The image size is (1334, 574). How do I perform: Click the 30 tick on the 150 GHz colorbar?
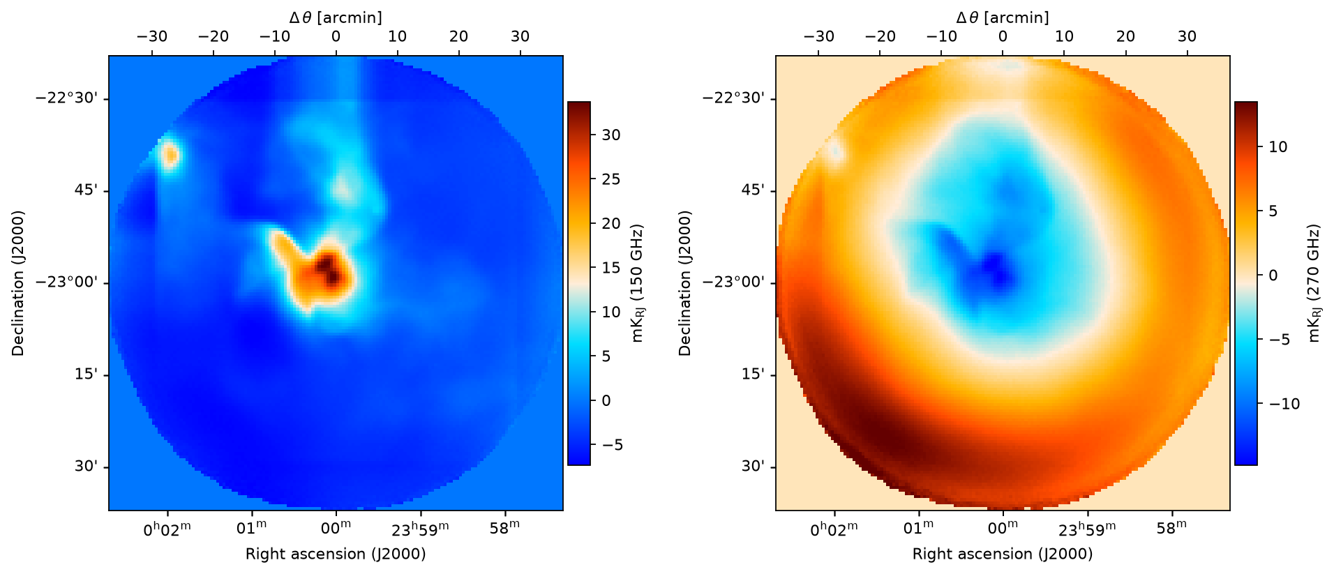click(610, 135)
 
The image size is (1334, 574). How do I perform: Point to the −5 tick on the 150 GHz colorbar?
click(610, 445)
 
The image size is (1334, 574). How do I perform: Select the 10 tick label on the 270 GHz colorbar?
click(1278, 147)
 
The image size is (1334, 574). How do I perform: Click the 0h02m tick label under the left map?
click(167, 530)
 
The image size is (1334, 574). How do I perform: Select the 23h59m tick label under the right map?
click(1087, 530)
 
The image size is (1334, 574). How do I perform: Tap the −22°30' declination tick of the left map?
click(72, 98)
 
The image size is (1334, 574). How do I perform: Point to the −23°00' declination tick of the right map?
click(739, 282)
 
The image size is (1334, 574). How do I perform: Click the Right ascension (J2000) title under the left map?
click(336, 554)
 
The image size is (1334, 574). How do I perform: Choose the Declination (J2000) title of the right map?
click(685, 283)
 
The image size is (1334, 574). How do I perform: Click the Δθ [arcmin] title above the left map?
click(336, 17)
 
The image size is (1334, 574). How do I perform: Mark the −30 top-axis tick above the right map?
click(819, 36)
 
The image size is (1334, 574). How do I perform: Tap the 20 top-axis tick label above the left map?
click(458, 36)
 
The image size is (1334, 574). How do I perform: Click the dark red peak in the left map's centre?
click(328, 269)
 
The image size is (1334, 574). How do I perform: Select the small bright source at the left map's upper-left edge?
click(170, 154)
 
